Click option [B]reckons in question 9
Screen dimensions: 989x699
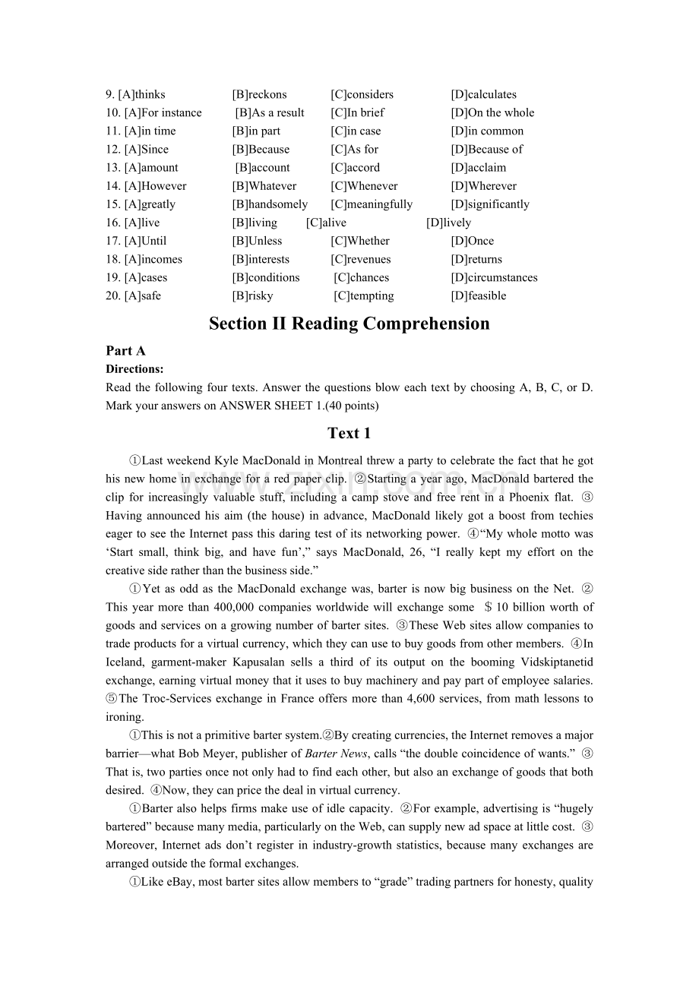point(259,95)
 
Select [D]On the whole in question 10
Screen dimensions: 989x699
point(492,113)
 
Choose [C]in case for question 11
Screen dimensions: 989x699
point(356,131)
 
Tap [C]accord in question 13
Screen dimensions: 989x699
point(355,168)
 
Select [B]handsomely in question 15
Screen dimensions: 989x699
point(270,204)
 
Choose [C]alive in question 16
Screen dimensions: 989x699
point(326,223)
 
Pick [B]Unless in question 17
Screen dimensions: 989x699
point(257,241)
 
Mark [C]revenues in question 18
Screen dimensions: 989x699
point(360,259)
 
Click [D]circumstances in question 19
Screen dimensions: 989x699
point(494,277)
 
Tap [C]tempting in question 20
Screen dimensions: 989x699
point(364,295)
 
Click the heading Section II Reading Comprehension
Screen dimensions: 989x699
point(349,324)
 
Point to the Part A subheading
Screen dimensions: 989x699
point(125,351)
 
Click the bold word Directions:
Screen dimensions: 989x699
point(134,369)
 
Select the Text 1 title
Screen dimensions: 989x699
point(349,434)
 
